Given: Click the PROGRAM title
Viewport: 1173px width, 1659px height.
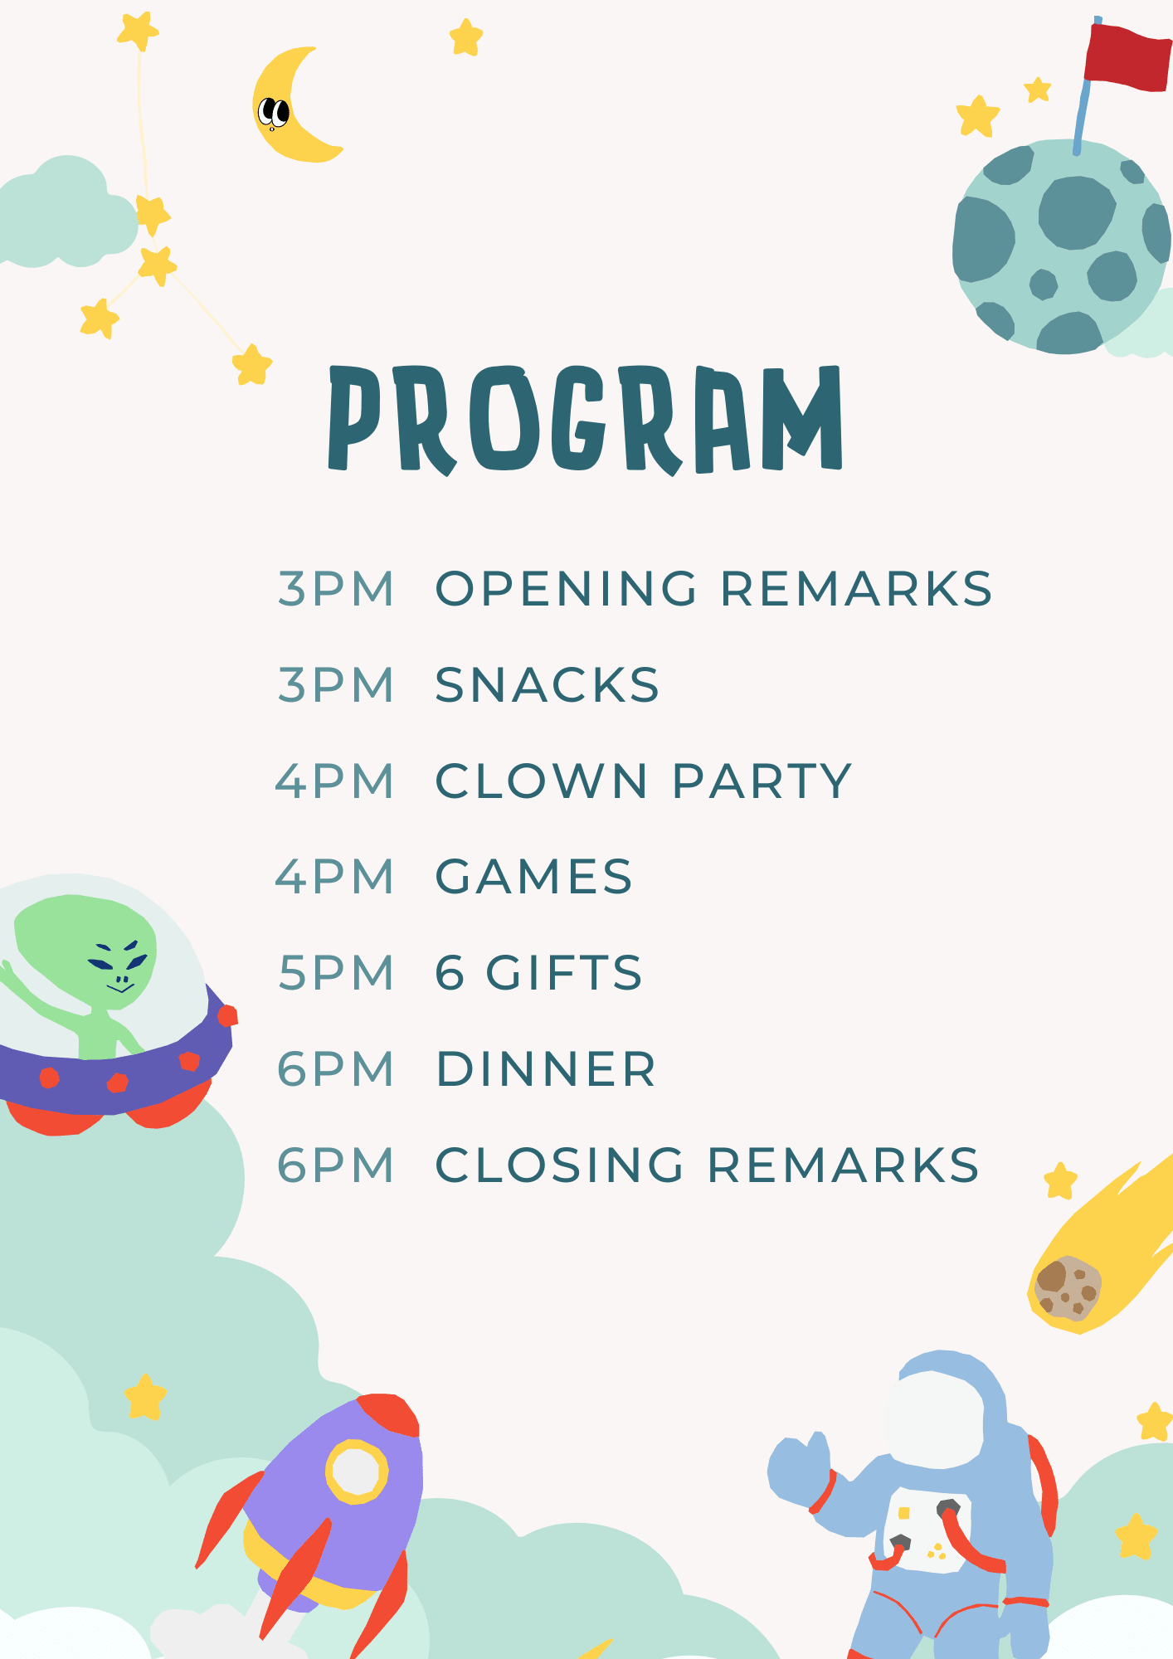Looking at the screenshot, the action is pos(586,420).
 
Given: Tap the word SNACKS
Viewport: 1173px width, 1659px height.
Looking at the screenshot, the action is pos(548,685).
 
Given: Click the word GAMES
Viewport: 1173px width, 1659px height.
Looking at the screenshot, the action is pos(534,877).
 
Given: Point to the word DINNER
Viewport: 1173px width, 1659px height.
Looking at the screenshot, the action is pos(547,1069).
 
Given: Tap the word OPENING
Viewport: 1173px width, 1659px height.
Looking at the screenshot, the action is pos(567,589).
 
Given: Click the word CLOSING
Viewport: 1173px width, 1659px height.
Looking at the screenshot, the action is pos(560,1165).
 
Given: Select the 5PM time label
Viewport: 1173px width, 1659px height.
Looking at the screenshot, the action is pos(336,973).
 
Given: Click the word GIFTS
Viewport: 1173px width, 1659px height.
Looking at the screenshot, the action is pos(564,973).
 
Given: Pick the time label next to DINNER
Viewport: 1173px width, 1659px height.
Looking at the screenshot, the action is pos(336,1069).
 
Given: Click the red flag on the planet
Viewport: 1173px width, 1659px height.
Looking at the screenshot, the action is pos(1127,56).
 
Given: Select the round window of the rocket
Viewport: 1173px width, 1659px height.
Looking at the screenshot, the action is pos(357,1472).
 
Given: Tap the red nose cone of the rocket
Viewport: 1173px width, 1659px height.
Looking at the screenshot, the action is pos(390,1415).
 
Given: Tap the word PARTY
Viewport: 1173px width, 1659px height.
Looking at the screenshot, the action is pos(762,781).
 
